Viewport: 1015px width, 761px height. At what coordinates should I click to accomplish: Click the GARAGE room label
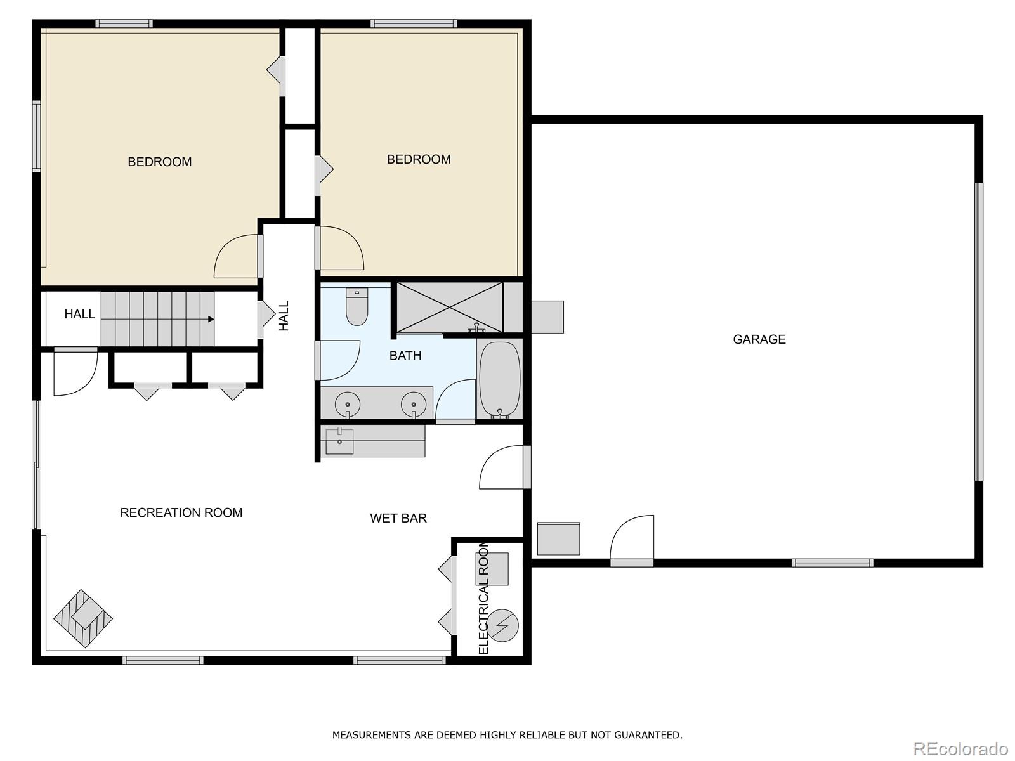coord(759,339)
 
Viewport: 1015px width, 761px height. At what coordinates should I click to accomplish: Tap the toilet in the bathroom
coord(357,308)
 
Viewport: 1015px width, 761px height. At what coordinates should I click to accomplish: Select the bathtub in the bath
coord(499,380)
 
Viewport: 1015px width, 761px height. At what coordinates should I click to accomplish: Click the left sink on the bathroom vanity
coord(347,404)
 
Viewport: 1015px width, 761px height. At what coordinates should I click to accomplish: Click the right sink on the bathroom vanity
coord(414,404)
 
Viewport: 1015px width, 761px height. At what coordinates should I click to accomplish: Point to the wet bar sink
coord(339,441)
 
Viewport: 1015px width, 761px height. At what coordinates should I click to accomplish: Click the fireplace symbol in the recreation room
coord(83,618)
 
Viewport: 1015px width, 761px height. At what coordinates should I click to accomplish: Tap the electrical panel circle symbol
coord(504,626)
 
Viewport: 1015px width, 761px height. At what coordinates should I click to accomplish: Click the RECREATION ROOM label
coord(181,512)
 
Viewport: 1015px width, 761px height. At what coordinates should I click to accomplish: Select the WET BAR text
coord(398,518)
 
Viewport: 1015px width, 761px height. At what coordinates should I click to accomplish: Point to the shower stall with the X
coord(450,308)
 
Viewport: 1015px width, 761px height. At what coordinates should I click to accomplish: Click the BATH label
coord(405,356)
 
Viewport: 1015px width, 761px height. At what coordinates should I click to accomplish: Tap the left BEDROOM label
coord(160,162)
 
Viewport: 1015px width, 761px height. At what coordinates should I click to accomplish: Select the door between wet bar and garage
coord(504,468)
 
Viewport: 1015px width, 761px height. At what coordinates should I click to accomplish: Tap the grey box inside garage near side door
coord(558,538)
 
